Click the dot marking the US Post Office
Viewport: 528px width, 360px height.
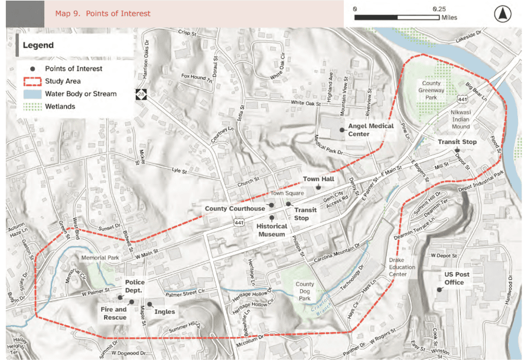click(438, 289)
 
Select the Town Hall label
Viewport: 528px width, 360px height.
click(319, 178)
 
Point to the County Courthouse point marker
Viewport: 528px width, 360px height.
click(272, 205)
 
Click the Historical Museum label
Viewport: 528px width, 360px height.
click(272, 230)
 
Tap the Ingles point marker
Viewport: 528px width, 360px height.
click(149, 305)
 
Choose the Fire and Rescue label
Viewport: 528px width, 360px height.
click(113, 313)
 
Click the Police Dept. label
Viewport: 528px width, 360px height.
click(135, 286)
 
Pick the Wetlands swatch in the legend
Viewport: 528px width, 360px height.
click(32, 106)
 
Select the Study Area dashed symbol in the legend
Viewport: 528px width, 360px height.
click(32, 81)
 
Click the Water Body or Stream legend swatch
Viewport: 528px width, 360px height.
click(32, 94)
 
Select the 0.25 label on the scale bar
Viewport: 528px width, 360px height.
click(439, 9)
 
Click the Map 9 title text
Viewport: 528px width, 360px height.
click(103, 14)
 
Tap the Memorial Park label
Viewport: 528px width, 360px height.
click(100, 258)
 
